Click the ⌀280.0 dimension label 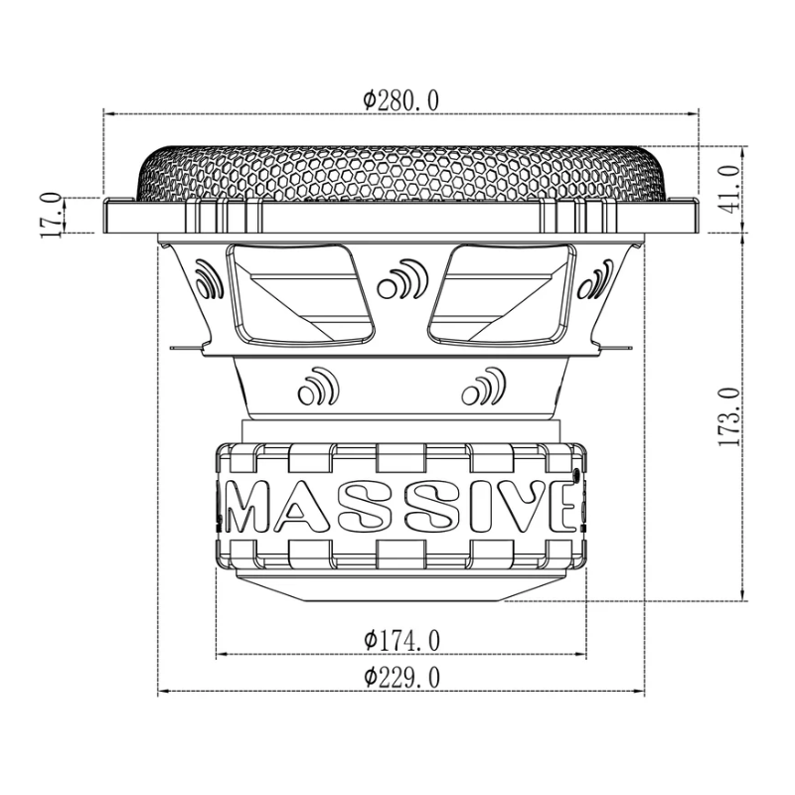[x=401, y=99]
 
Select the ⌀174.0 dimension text [x=401, y=641]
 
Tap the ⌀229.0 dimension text [x=401, y=678]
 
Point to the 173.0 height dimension [x=729, y=417]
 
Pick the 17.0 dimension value [x=50, y=215]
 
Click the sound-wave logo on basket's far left [x=209, y=281]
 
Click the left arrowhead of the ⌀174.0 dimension [x=222, y=655]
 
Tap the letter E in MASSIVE [x=559, y=507]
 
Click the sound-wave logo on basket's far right [x=593, y=281]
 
